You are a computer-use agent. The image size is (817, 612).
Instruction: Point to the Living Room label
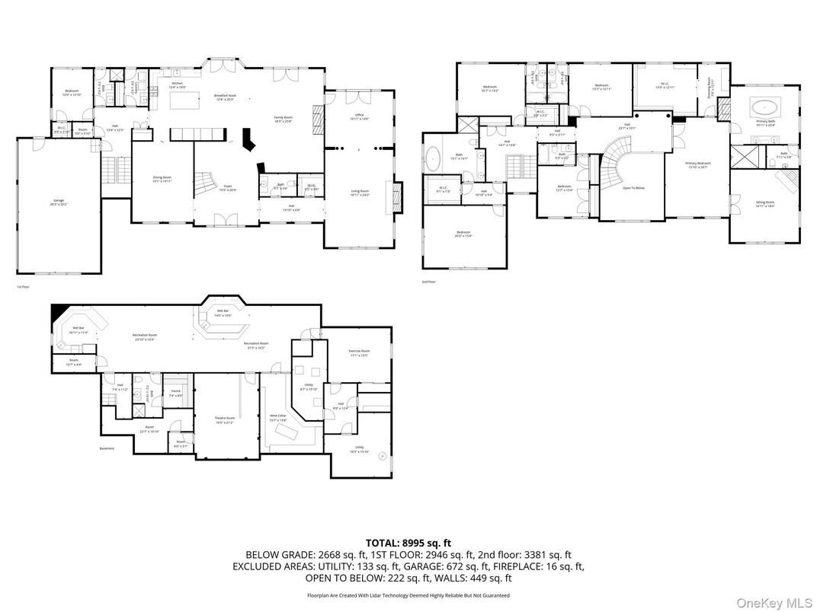click(x=360, y=193)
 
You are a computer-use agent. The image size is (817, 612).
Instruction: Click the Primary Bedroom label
click(x=698, y=164)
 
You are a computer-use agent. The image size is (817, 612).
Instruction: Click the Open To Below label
click(x=633, y=187)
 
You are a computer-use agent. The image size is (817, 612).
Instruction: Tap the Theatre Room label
click(x=225, y=419)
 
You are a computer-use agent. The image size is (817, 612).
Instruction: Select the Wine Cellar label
click(x=278, y=418)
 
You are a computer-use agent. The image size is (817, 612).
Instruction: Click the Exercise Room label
click(x=359, y=352)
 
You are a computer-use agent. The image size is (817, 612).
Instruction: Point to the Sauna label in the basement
click(x=175, y=394)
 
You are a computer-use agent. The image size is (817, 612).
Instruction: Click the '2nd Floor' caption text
click(x=428, y=282)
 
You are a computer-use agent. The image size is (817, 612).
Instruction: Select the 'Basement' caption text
click(x=107, y=448)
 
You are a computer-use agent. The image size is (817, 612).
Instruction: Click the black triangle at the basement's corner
click(x=56, y=311)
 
